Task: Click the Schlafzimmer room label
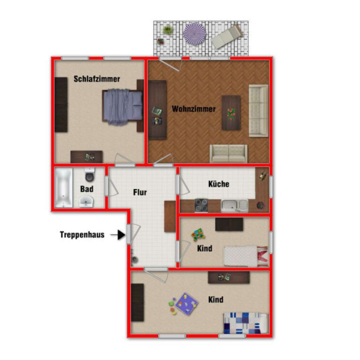[x=97, y=79]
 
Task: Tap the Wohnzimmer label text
[x=193, y=109]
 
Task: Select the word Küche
[x=219, y=184]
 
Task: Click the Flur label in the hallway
[x=140, y=192]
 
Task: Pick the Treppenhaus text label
[x=82, y=235]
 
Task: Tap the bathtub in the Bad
[x=63, y=188]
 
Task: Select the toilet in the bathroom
[x=90, y=175]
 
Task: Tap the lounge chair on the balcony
[x=226, y=37]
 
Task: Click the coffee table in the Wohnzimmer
[x=231, y=113]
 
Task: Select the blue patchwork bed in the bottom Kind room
[x=245, y=323]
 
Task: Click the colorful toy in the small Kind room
[x=199, y=235]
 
